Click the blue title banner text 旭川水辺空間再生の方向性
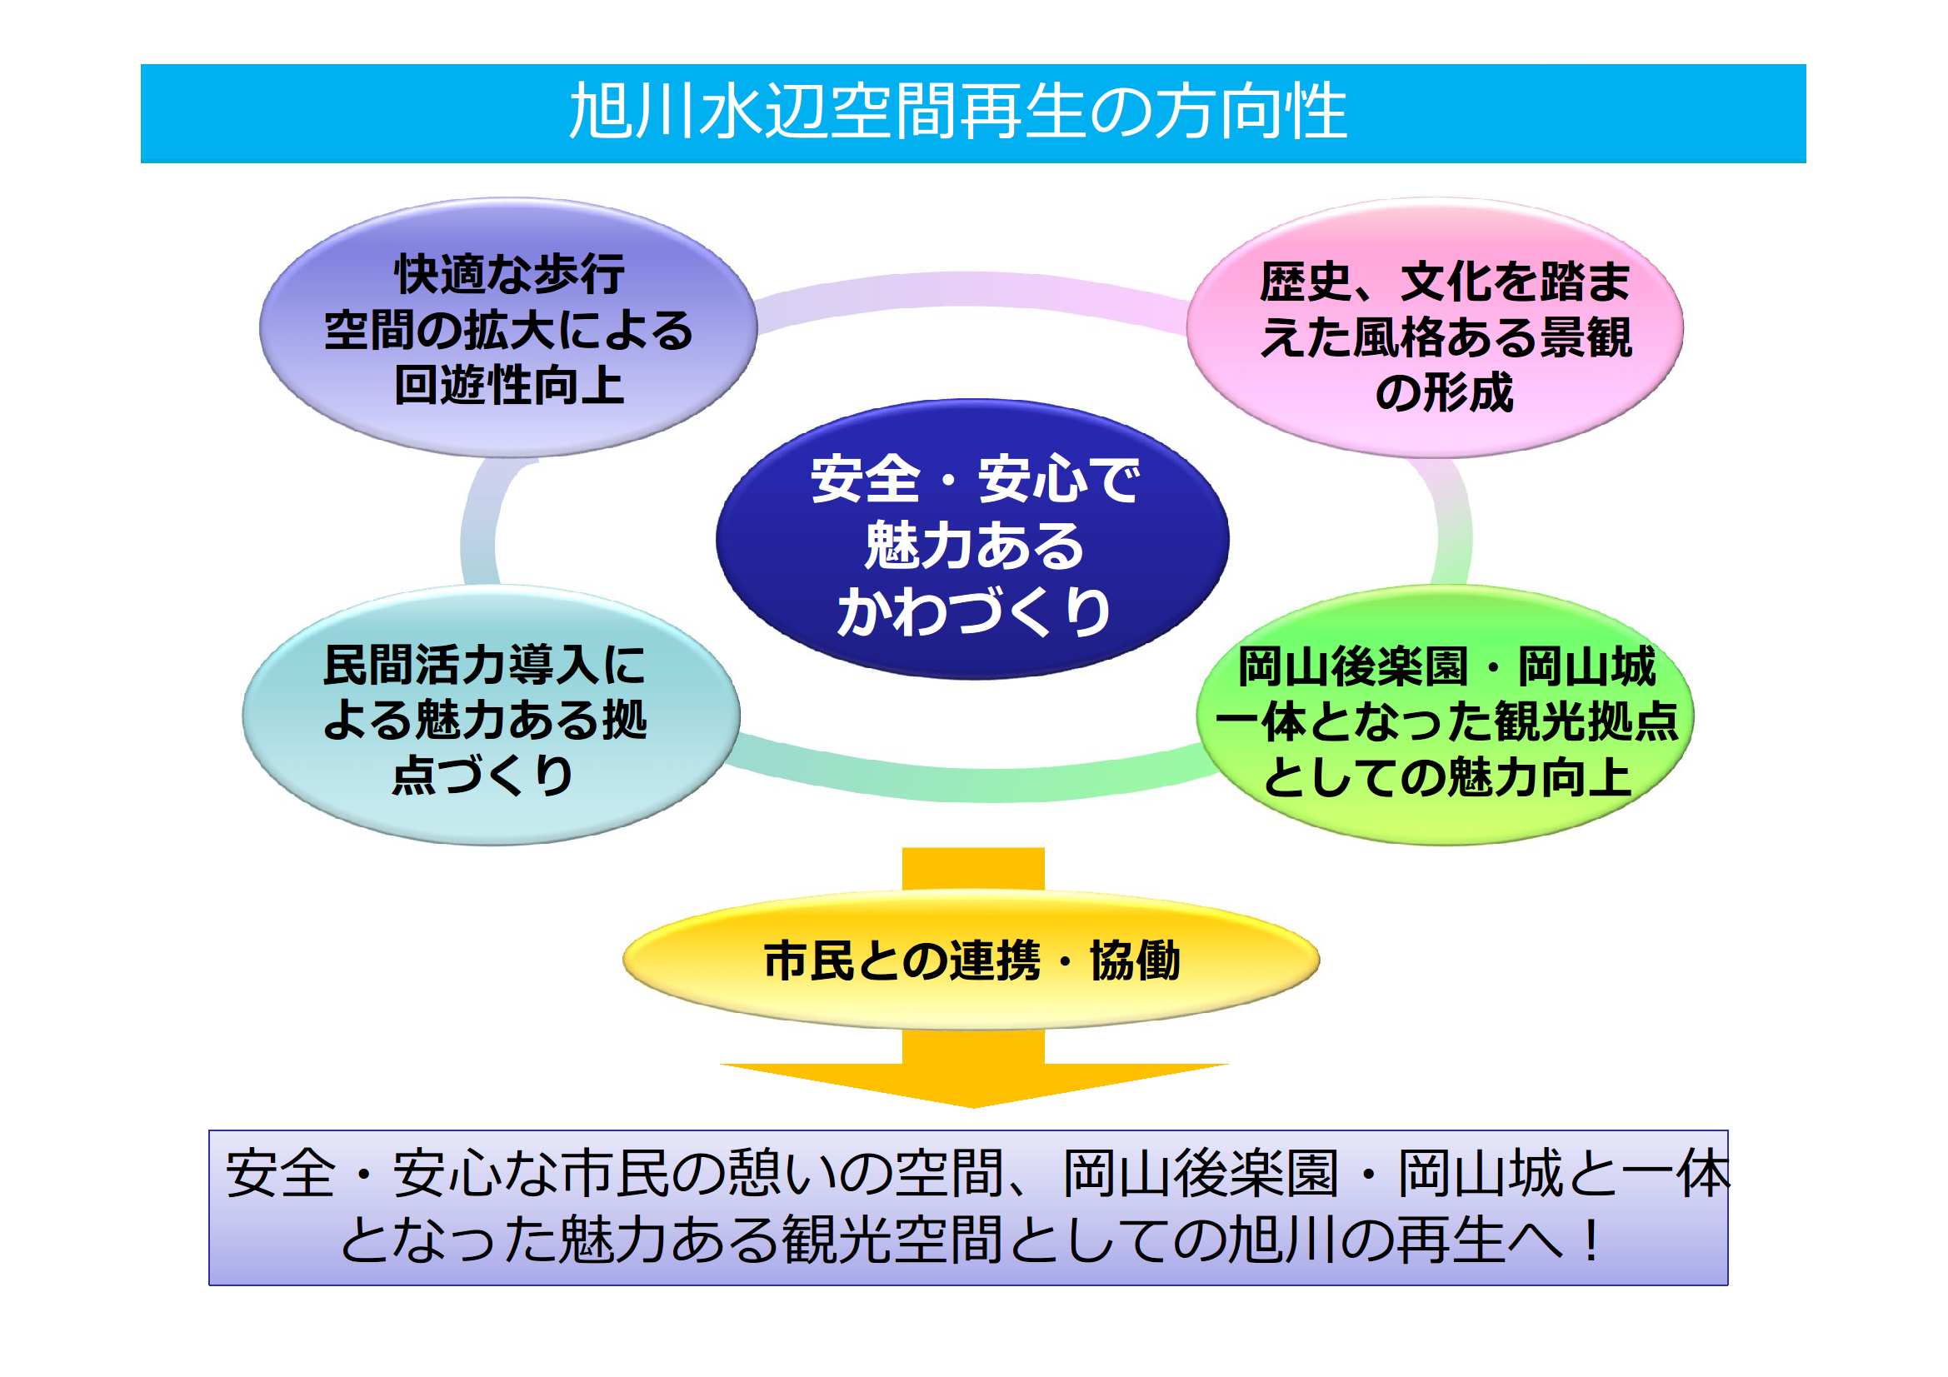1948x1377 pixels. [x=958, y=112]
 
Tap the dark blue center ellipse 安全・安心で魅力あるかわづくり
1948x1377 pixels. [x=973, y=539]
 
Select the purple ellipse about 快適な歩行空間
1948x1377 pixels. [x=508, y=328]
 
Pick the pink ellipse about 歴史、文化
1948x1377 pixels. [x=1435, y=328]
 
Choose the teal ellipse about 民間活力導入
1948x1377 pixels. [x=492, y=716]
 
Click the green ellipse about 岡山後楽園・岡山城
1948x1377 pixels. [x=1445, y=716]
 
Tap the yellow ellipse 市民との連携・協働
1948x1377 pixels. [x=972, y=960]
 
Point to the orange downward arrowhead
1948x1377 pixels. [x=973, y=1085]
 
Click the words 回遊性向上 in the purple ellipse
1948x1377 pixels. [x=509, y=385]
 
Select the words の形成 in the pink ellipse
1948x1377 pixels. [x=1444, y=393]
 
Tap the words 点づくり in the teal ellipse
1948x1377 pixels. [x=482, y=775]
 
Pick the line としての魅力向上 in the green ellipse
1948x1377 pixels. [x=1447, y=777]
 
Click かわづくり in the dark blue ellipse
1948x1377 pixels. [x=974, y=611]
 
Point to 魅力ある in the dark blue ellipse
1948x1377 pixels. [x=974, y=545]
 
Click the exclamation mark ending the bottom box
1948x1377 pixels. [x=1591, y=1241]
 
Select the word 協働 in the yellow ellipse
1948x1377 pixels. [x=1135, y=960]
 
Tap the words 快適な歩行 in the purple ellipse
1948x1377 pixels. [x=509, y=273]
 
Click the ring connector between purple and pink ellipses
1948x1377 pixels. [x=972, y=292]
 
